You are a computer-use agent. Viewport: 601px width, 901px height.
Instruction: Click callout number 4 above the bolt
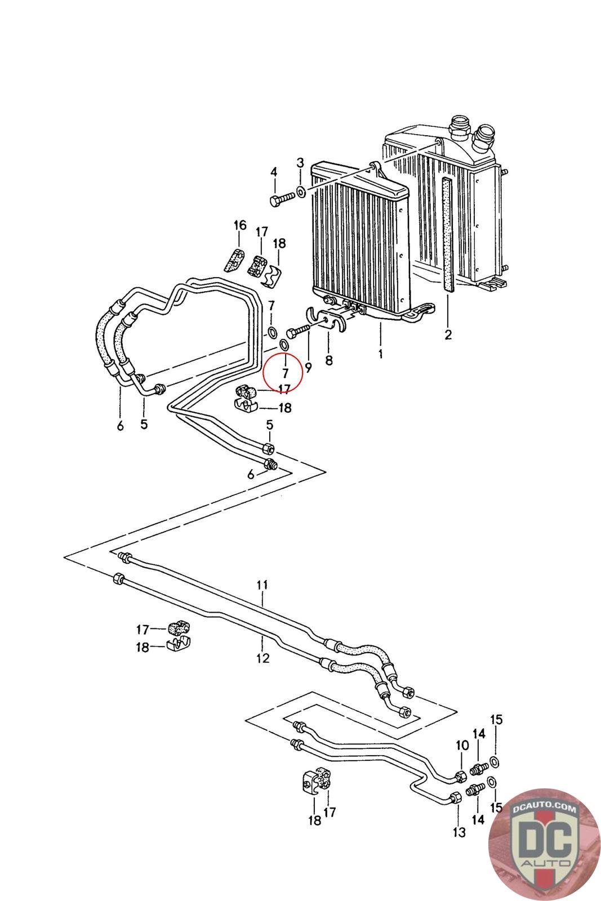tap(274, 172)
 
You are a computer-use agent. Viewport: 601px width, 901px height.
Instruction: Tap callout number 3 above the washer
tap(300, 163)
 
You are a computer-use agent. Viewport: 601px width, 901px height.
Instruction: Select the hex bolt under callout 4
tap(283, 199)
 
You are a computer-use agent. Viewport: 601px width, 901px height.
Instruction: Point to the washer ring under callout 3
tap(301, 191)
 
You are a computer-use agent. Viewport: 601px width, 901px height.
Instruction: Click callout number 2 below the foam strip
tap(448, 334)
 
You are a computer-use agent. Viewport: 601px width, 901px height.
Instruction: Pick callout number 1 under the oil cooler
tap(380, 354)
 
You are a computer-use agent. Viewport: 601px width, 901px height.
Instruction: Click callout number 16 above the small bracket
tap(240, 225)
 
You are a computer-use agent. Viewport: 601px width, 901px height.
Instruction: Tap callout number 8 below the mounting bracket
tap(329, 361)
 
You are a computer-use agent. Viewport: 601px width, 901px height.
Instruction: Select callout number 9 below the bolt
tap(308, 368)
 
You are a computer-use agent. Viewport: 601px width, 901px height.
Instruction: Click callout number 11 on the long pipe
tap(262, 585)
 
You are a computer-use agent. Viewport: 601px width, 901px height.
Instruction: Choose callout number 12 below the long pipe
tap(262, 658)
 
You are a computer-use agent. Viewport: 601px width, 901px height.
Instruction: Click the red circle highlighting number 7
tap(282, 372)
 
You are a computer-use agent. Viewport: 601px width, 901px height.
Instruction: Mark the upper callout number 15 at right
tap(496, 720)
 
